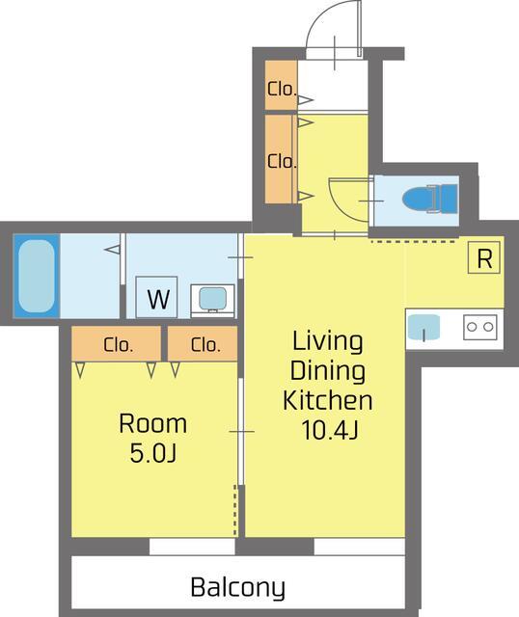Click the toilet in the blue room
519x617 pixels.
[x=430, y=199]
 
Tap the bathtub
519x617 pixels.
[x=37, y=276]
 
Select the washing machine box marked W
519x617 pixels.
[x=156, y=297]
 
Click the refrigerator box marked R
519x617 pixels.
[x=484, y=257]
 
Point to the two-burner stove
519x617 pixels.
[x=480, y=327]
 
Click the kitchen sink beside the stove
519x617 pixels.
[x=423, y=328]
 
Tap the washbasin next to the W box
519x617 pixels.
[x=212, y=300]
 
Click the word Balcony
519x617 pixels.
[x=238, y=587]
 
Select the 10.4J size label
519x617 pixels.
[x=329, y=430]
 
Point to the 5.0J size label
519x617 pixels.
[x=152, y=453]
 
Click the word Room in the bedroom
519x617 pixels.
[x=152, y=424]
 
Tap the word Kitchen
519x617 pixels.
[x=328, y=400]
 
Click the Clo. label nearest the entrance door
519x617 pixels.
[x=282, y=89]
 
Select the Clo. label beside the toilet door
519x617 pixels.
[x=282, y=161]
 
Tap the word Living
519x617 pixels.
[x=328, y=341]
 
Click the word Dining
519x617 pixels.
[x=328, y=371]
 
